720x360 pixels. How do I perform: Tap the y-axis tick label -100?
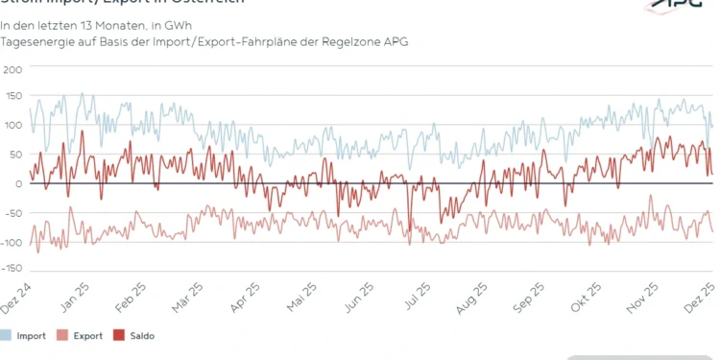tap(11, 241)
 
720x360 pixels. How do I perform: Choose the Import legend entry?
tap(29, 336)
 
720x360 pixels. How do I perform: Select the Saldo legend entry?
tap(141, 336)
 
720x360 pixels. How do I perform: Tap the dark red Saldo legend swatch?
tap(120, 336)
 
